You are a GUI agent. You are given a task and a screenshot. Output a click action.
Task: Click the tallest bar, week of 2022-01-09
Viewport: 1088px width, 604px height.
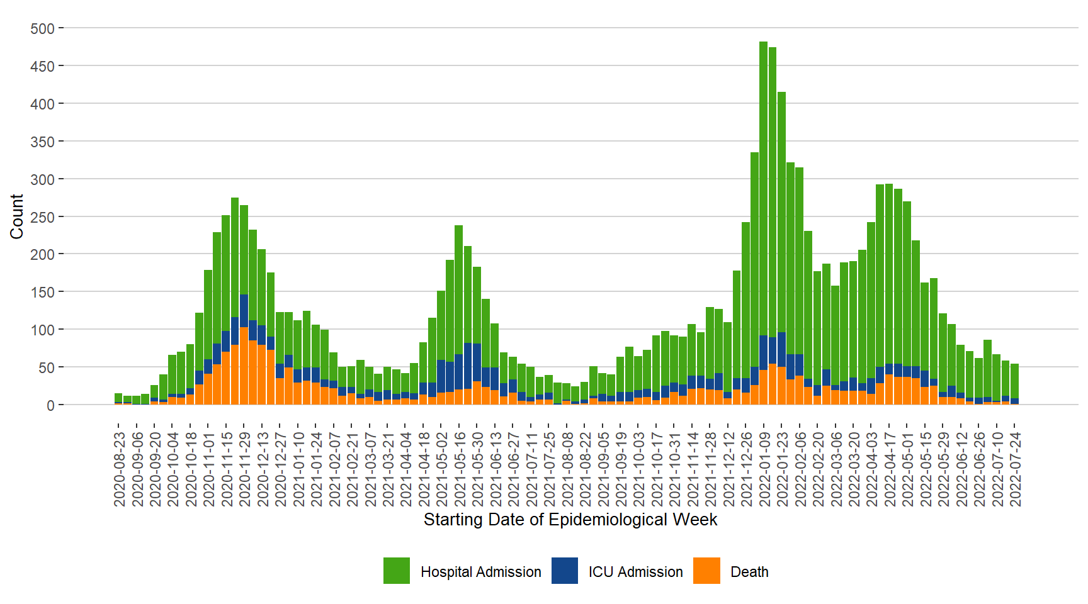click(763, 189)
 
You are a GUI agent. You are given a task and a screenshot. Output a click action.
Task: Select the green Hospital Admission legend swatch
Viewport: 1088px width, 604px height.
click(397, 571)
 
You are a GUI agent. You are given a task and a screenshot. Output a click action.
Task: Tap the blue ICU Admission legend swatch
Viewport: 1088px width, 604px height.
click(565, 571)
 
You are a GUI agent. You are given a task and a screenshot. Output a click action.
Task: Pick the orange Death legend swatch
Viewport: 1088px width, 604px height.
click(706, 571)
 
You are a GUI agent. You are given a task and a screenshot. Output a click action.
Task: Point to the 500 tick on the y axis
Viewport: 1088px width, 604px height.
click(43, 29)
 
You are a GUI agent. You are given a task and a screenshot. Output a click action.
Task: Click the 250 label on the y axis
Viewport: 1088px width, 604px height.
click(43, 217)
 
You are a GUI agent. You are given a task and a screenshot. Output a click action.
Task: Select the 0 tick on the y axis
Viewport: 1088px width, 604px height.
click(50, 405)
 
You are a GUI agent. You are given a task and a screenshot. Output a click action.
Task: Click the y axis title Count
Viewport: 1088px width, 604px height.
click(17, 216)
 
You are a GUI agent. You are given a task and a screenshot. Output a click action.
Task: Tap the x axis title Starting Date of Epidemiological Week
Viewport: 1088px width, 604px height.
click(570, 520)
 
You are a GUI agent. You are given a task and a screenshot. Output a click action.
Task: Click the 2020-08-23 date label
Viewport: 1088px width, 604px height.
click(119, 469)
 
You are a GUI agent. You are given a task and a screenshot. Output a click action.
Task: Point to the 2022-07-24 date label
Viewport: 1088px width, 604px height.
click(1015, 469)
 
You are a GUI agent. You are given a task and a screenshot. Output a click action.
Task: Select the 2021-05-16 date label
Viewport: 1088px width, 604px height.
click(460, 469)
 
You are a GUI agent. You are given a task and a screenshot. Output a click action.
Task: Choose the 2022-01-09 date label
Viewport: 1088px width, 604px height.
click(764, 469)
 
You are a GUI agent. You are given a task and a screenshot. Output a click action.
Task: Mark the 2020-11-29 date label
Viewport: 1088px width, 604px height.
click(244, 469)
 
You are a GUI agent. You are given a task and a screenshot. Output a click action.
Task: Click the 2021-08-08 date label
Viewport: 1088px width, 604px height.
click(567, 469)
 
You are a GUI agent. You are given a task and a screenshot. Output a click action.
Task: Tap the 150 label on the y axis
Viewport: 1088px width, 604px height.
click(43, 292)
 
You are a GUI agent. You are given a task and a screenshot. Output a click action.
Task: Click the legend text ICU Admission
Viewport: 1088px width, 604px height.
click(635, 572)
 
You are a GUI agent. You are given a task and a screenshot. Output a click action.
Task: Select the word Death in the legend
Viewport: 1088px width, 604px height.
click(749, 572)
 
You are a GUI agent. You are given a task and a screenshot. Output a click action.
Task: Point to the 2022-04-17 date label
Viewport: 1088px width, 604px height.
click(890, 469)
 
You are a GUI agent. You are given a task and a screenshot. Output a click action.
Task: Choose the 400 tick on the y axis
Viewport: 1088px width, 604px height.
click(43, 104)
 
